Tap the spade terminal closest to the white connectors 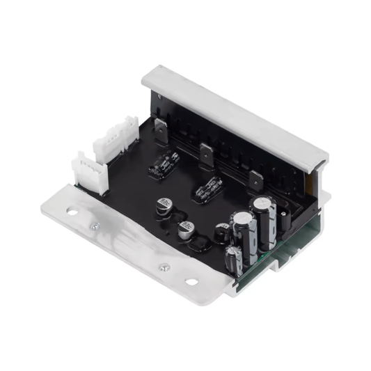coord(161,129)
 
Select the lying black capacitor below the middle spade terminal coord(208,188)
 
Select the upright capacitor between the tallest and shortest coord(242,233)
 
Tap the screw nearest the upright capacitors coord(165,267)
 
